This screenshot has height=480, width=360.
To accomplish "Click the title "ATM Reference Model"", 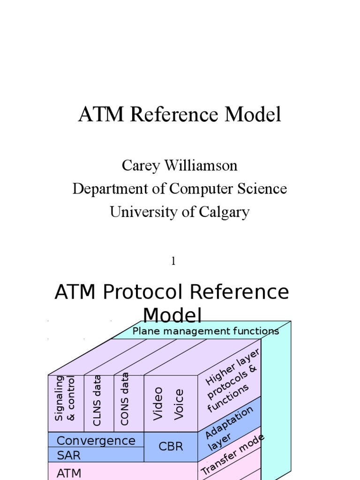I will pos(180,115).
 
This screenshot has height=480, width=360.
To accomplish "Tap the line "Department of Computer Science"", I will pos(180,188).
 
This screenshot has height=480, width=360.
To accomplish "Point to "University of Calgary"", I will pos(180,212).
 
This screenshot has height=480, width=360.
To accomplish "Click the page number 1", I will pos(173,262).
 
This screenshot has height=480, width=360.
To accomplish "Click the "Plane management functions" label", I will pos(205,331).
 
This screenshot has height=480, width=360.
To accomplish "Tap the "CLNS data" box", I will pos(97,400).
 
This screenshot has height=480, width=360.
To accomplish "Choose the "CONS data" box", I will pos(125,399).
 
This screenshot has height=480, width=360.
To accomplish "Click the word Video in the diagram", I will pos(158,403).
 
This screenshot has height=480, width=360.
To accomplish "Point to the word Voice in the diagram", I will pos(179,404).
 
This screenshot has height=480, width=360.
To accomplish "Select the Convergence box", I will pos(96,441).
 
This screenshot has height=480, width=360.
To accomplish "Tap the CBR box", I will pos(171,447).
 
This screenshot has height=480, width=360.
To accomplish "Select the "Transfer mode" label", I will pos(233,454).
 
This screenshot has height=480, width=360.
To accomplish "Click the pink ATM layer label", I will pos(69,473).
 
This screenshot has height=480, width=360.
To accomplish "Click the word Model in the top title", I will pos(253,115).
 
